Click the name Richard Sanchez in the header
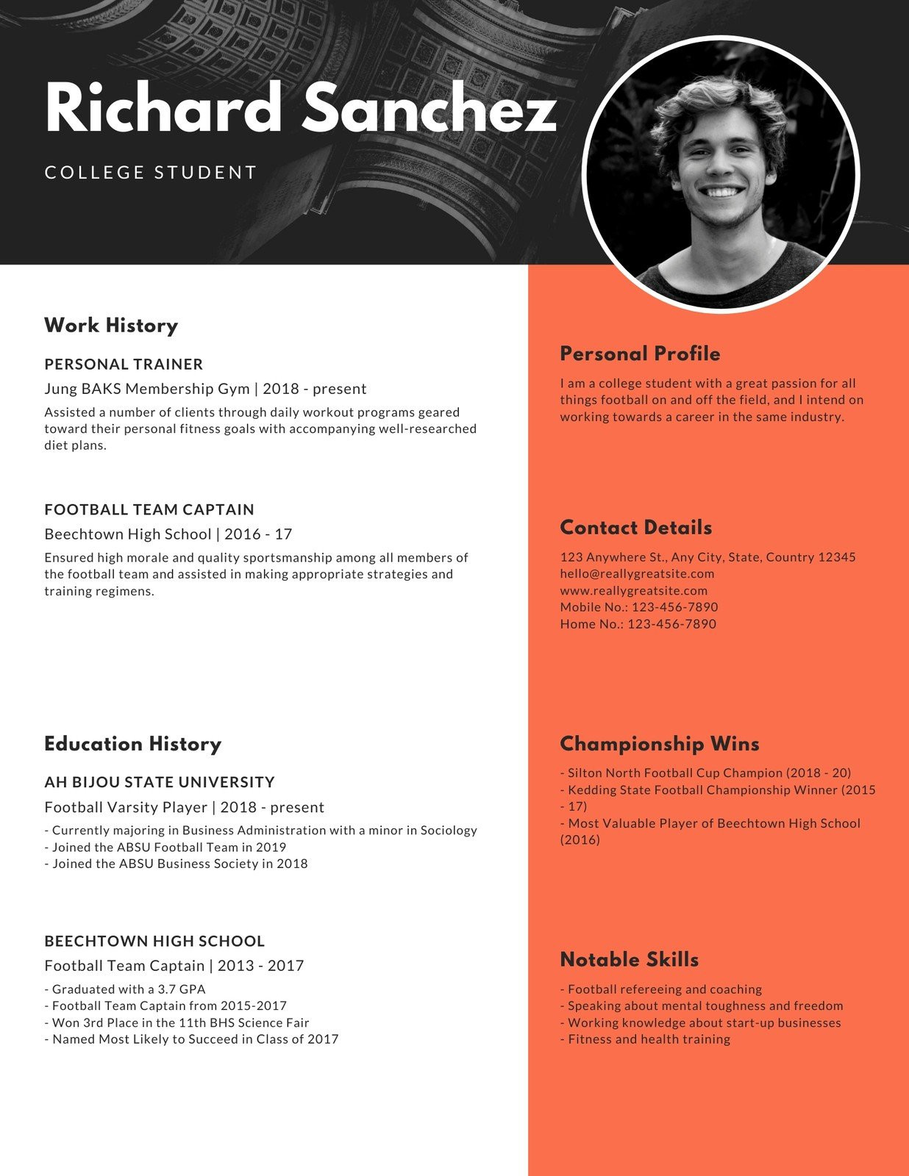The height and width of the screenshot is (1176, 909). click(300, 109)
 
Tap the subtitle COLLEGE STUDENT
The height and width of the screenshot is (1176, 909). click(151, 173)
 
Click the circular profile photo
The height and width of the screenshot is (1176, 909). click(721, 175)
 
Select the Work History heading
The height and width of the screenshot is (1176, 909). click(111, 326)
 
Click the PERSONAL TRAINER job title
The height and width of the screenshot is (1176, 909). click(124, 365)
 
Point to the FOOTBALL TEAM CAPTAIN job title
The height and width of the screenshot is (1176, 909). click(149, 510)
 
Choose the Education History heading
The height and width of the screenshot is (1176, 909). click(132, 744)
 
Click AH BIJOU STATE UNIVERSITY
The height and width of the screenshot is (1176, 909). click(160, 783)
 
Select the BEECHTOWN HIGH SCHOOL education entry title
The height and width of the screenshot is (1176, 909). click(154, 942)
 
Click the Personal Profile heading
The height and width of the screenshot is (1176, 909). click(640, 354)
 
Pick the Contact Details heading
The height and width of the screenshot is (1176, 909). click(635, 528)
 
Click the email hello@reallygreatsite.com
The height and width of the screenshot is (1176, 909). click(637, 574)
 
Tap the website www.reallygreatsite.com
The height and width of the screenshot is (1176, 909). click(633, 591)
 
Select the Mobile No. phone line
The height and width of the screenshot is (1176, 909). click(638, 608)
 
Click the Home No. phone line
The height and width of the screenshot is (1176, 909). click(638, 625)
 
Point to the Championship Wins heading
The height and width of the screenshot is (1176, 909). click(659, 744)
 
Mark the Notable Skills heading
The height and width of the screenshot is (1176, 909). click(629, 960)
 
